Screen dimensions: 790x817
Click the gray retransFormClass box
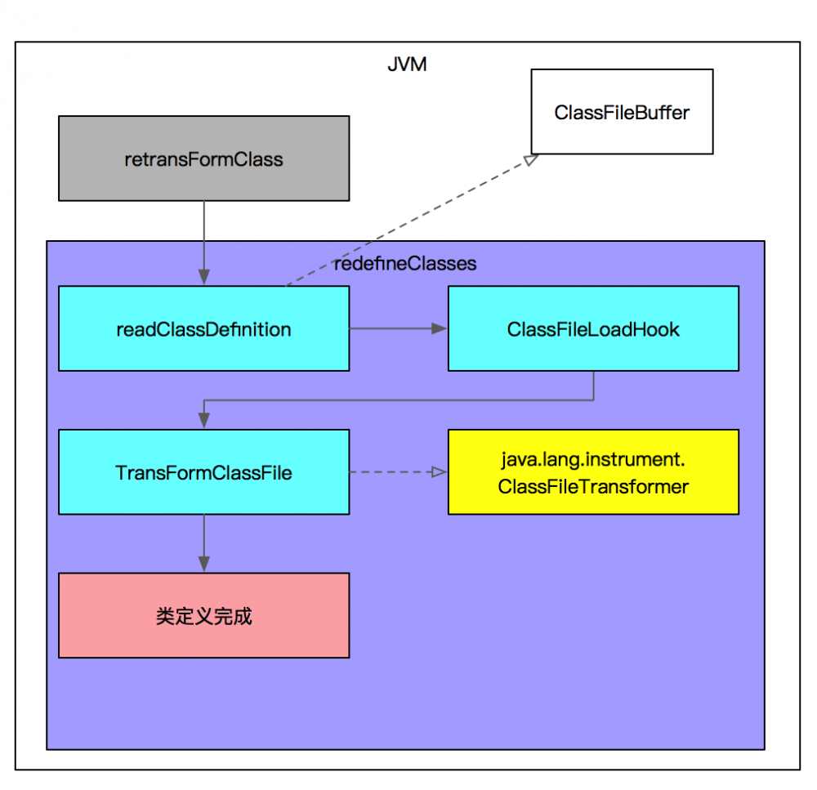pos(203,158)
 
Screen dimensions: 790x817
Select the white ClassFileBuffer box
pos(622,112)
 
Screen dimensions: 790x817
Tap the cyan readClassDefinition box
pos(203,328)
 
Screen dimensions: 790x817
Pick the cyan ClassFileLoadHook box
pos(593,328)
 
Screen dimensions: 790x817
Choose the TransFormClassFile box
pos(203,472)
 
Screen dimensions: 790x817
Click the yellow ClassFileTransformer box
pos(593,472)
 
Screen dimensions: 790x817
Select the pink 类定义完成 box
pos(203,615)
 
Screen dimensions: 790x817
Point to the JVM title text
pos(407,65)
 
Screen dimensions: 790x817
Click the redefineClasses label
pos(405,264)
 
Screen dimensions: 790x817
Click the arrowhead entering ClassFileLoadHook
pos(440,328)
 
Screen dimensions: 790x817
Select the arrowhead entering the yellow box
pos(440,472)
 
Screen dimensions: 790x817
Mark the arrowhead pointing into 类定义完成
pos(203,565)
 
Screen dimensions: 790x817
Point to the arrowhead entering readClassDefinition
pos(203,278)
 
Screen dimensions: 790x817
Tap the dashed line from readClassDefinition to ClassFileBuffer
pos(408,221)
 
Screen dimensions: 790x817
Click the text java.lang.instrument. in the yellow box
pos(593,460)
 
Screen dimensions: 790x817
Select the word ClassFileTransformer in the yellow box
pos(593,487)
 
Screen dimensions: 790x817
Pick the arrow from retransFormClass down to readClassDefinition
pos(203,237)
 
